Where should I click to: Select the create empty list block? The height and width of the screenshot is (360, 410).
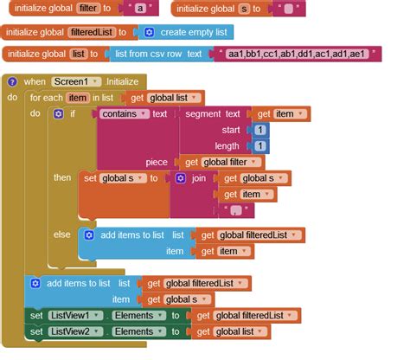point(195,32)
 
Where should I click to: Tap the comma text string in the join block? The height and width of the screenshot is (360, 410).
point(234,209)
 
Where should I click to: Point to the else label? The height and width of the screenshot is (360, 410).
point(62,235)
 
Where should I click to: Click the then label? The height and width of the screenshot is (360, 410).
point(62,178)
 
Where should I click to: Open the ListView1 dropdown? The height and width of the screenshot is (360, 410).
point(79,316)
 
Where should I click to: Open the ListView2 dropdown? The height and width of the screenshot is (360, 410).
point(79,332)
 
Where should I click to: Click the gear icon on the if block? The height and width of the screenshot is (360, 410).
point(59,114)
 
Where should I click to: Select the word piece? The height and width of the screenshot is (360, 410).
point(157,162)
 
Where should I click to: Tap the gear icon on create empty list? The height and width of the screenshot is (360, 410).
point(149,32)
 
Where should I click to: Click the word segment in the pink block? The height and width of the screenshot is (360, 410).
point(202,113)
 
